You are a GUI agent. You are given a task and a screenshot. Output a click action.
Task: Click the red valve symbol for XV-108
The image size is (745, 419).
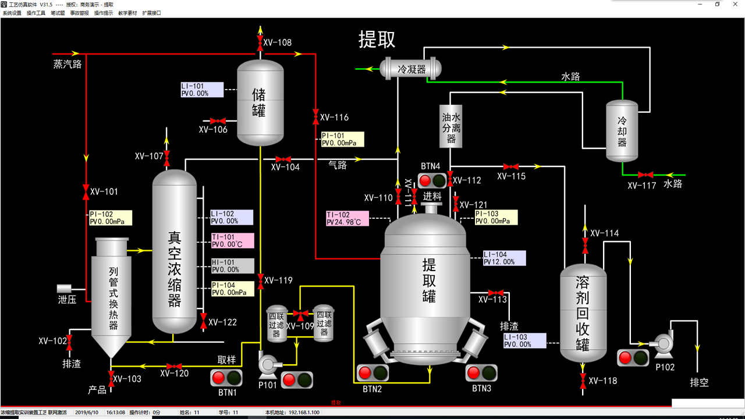260,42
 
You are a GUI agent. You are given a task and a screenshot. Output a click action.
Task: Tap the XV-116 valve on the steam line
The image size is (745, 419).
315,117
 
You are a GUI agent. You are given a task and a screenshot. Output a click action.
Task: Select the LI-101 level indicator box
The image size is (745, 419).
201,90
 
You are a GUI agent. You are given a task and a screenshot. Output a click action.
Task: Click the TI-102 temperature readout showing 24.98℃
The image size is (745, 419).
347,218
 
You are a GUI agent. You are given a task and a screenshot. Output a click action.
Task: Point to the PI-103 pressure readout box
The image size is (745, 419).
495,218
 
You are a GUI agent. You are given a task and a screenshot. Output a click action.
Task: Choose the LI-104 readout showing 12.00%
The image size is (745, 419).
504,258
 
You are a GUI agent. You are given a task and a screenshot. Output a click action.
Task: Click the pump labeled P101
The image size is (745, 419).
268,364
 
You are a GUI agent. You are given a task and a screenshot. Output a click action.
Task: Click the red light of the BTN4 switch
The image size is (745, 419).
425,180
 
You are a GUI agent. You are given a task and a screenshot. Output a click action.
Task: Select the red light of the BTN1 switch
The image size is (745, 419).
219,378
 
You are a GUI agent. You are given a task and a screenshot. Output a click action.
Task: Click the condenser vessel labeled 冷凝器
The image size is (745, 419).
411,69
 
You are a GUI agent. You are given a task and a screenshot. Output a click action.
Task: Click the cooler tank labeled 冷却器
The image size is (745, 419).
622,132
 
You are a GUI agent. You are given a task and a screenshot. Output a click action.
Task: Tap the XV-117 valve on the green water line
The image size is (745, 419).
645,175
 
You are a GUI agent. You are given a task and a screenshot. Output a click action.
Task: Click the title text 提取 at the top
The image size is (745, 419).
377,40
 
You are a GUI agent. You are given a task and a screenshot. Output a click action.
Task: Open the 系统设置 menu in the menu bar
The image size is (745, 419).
12,13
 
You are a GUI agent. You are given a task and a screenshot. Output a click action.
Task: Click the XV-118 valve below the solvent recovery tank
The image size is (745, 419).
583,381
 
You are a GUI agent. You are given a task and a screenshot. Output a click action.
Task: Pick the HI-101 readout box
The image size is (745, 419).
232,266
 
